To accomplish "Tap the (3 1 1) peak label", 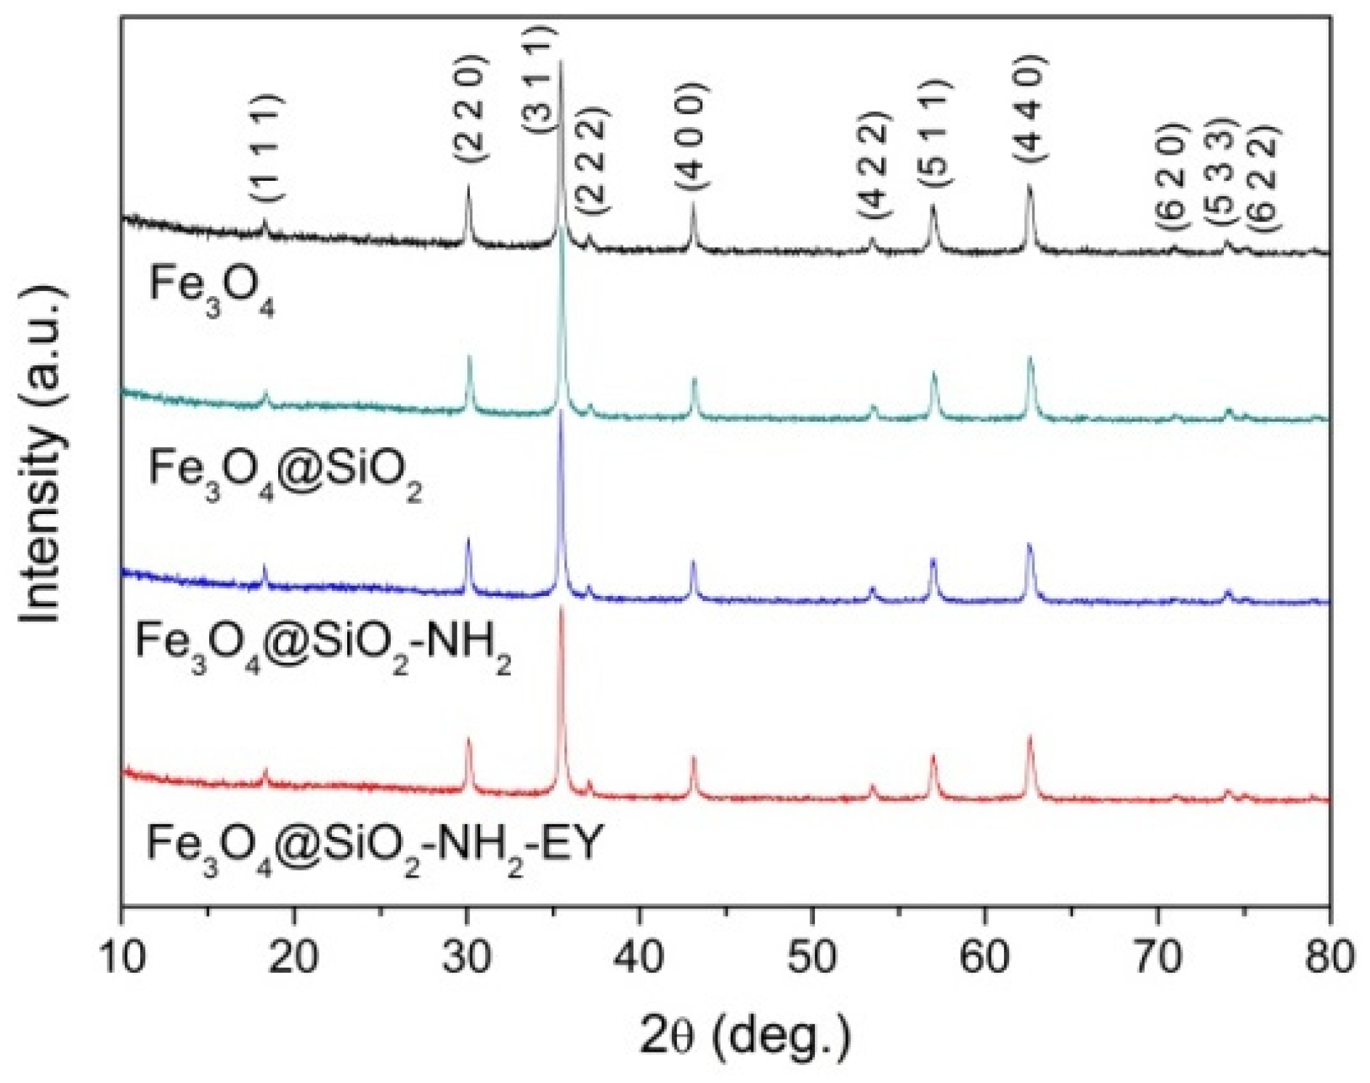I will (x=540, y=78).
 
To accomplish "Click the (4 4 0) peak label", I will (x=1030, y=109).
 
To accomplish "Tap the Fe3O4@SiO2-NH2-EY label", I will (x=375, y=849).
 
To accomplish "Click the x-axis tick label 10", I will (x=122, y=956).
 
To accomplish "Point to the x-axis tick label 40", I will (x=639, y=956).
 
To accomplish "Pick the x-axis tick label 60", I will (x=984, y=956).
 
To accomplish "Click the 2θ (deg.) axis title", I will (x=745, y=1035).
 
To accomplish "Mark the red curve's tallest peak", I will (x=561, y=610).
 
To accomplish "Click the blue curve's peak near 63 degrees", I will (x=1029, y=546).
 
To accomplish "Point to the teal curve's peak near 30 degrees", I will (x=469, y=358).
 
